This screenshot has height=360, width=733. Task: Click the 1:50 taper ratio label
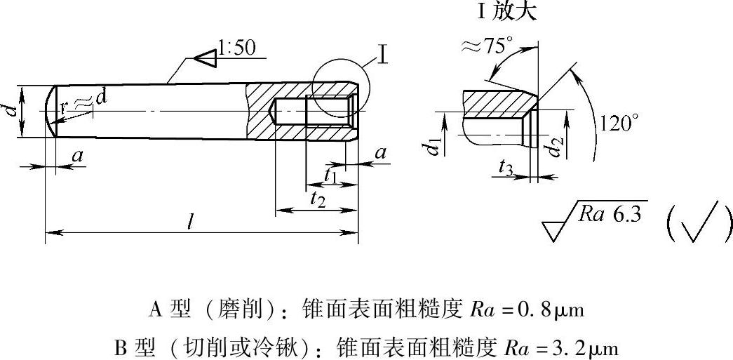[x=237, y=48]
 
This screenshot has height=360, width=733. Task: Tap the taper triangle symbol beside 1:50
[x=206, y=59]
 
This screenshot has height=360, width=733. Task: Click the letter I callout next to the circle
[x=382, y=55]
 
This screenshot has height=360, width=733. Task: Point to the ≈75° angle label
[x=486, y=47]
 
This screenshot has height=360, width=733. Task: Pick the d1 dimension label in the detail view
[x=433, y=147]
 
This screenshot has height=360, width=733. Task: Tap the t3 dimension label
[x=507, y=167]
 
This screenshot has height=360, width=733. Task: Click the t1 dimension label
[x=332, y=176]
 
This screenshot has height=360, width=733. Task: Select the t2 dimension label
[x=317, y=199]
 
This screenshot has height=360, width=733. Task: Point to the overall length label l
[x=190, y=222]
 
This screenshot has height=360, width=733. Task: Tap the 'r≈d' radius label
[x=83, y=102]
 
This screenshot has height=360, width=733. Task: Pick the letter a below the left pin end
[x=77, y=156]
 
